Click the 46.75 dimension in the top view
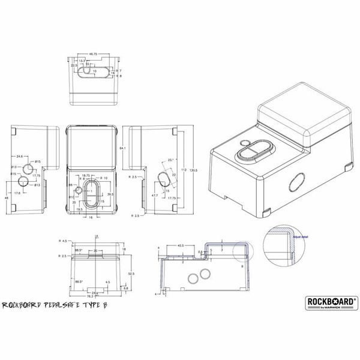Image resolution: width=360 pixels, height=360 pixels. pyautogui.click(x=94, y=54)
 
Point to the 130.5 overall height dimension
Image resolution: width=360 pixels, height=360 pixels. pyautogui.click(x=193, y=170)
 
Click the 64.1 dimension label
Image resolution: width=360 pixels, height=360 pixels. pyautogui.click(x=122, y=148)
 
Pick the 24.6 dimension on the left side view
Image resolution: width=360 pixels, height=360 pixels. pyautogui.click(x=20, y=157)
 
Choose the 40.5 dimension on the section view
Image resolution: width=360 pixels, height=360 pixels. pyautogui.click(x=179, y=245)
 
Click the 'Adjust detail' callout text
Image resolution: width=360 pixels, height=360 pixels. pyautogui.click(x=300, y=238)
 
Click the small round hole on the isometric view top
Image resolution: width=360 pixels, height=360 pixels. pyautogui.click(x=244, y=142)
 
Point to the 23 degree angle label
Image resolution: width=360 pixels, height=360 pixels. pyautogui.click(x=171, y=160)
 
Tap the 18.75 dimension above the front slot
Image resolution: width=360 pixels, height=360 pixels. pyautogui.click(x=86, y=175)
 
